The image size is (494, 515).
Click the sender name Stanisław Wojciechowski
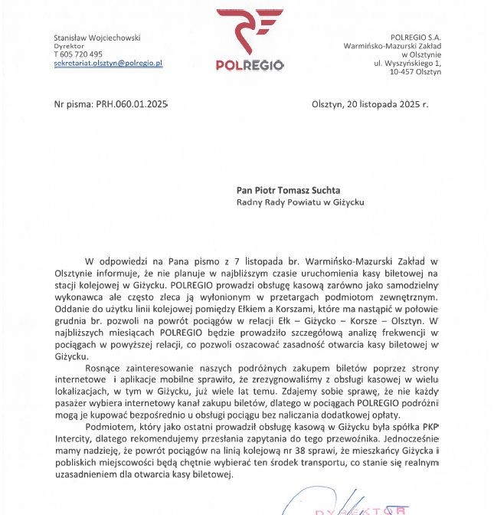pyautogui.click(x=97, y=37)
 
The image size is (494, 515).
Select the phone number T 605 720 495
pyautogui.click(x=78, y=54)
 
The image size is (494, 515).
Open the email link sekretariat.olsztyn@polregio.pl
pyautogui.click(x=108, y=64)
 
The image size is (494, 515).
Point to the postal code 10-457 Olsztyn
pyautogui.click(x=415, y=71)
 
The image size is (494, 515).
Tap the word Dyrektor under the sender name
pyautogui.click(x=69, y=46)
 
